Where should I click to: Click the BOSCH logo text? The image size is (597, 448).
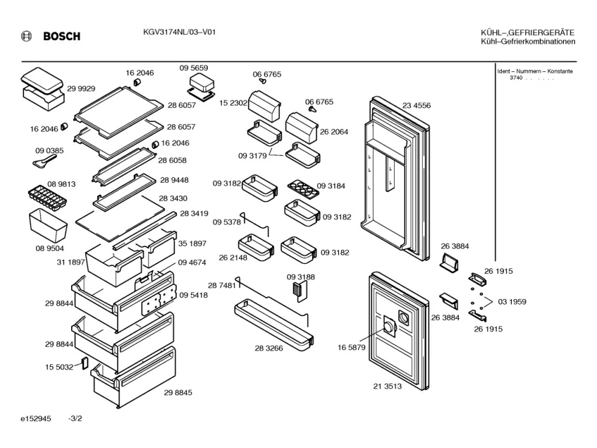(x=62, y=37)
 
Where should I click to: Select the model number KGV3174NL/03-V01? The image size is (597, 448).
(x=174, y=33)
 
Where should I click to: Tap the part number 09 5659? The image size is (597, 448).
(x=193, y=68)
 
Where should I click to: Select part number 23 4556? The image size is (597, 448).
(x=417, y=106)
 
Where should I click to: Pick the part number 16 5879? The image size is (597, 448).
(x=351, y=347)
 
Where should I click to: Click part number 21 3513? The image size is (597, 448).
(x=387, y=386)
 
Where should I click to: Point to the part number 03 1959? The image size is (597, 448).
(x=512, y=302)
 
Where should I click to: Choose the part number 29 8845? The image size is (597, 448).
(x=178, y=392)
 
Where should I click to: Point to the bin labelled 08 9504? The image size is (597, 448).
(x=48, y=223)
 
